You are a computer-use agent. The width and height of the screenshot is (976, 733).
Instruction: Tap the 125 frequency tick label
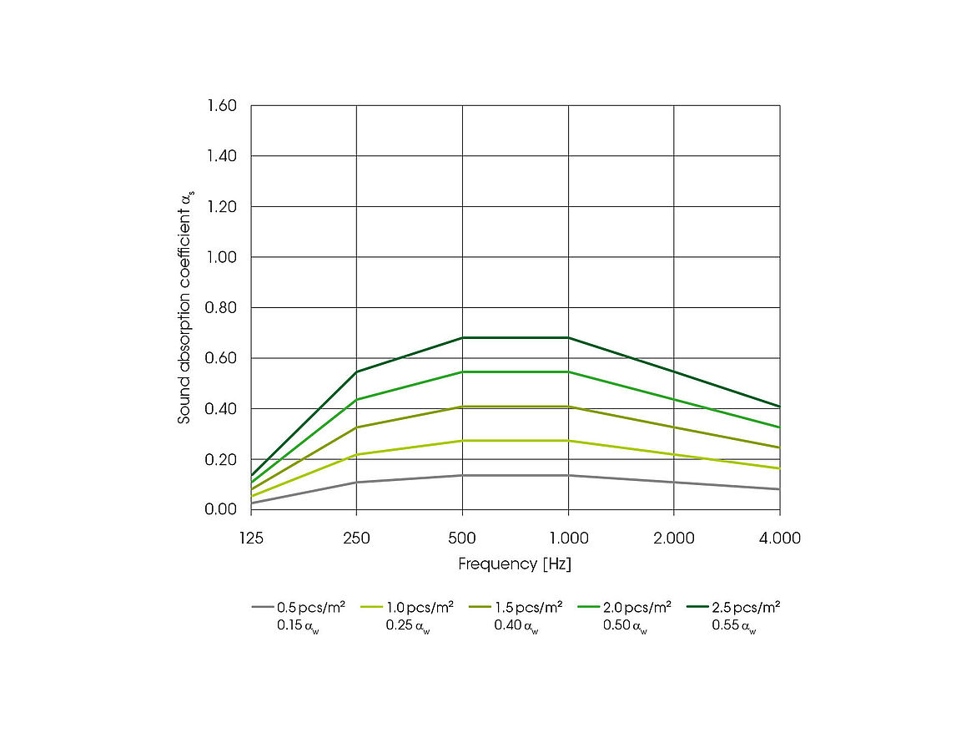(251, 538)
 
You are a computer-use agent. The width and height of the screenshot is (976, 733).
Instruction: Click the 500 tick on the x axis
(462, 538)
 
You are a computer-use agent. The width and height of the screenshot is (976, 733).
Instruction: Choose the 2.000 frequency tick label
(673, 538)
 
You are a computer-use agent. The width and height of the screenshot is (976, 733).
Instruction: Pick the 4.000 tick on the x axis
(779, 538)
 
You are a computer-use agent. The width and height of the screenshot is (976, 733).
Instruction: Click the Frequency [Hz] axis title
(515, 564)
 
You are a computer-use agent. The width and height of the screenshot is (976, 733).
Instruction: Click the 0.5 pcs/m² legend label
(311, 607)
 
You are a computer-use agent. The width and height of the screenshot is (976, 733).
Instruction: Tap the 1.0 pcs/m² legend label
(420, 607)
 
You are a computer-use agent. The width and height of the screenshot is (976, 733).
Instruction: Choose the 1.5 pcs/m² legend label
(528, 607)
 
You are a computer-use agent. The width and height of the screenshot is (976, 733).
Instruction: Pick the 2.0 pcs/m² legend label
(636, 607)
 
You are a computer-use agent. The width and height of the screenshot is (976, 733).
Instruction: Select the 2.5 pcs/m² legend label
(746, 607)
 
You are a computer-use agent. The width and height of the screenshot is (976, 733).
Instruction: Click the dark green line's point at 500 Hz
(462, 338)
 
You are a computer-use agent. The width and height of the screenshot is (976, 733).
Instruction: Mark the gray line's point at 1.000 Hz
(568, 475)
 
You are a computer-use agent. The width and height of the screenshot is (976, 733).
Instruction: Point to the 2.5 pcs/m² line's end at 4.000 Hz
(779, 407)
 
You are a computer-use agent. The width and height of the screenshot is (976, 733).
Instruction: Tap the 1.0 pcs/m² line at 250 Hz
(357, 454)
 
